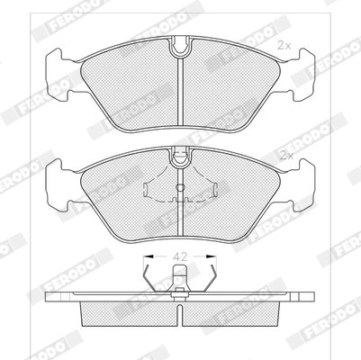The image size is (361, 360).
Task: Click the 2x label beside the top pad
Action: coord(284,45)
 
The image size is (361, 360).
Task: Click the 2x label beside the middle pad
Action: coord(286,156)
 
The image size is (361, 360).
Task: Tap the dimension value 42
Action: coord(180,256)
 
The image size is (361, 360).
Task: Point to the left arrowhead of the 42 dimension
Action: coord(149,256)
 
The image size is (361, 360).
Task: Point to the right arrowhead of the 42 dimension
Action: coord(212,256)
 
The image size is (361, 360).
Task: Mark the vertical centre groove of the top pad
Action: coord(180,92)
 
